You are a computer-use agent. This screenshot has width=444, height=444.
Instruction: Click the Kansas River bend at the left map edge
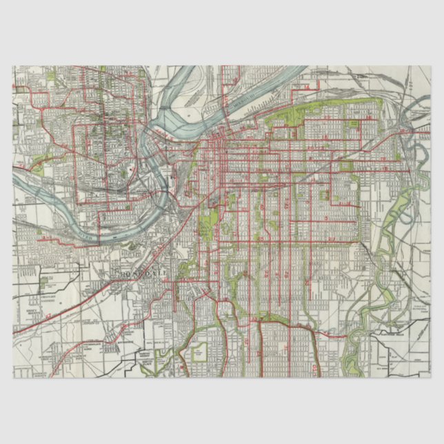[x=21, y=181]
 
